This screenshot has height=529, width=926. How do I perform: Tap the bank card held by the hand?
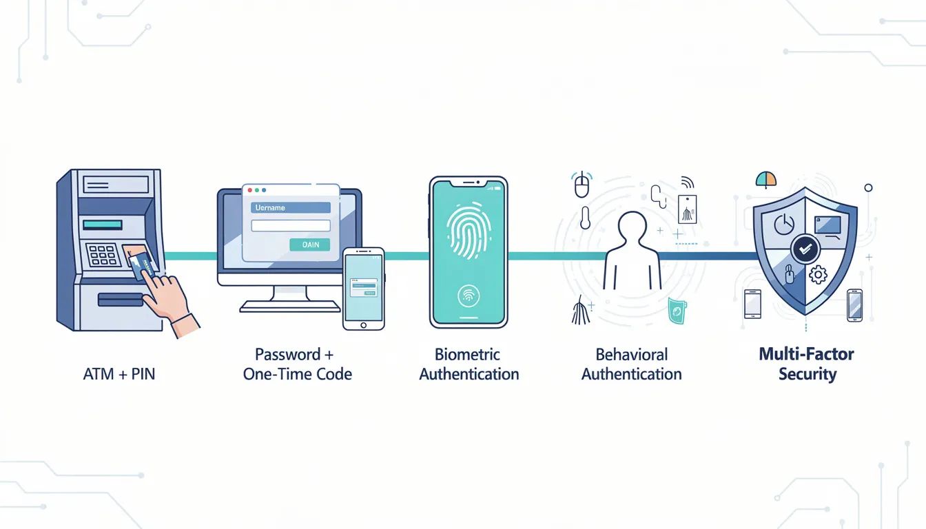(141, 264)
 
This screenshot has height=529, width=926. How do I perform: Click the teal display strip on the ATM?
(102, 225)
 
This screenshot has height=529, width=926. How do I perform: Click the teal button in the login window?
(311, 245)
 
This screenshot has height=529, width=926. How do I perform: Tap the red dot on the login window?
(249, 189)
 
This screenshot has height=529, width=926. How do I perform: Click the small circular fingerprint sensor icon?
(469, 296)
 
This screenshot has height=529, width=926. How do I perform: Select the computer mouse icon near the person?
(582, 185)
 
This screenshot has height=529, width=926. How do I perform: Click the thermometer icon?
(585, 218)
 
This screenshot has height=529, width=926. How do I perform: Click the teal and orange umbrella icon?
(766, 180)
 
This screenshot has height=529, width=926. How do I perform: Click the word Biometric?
(467, 355)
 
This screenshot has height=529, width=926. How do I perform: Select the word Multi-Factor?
(806, 355)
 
